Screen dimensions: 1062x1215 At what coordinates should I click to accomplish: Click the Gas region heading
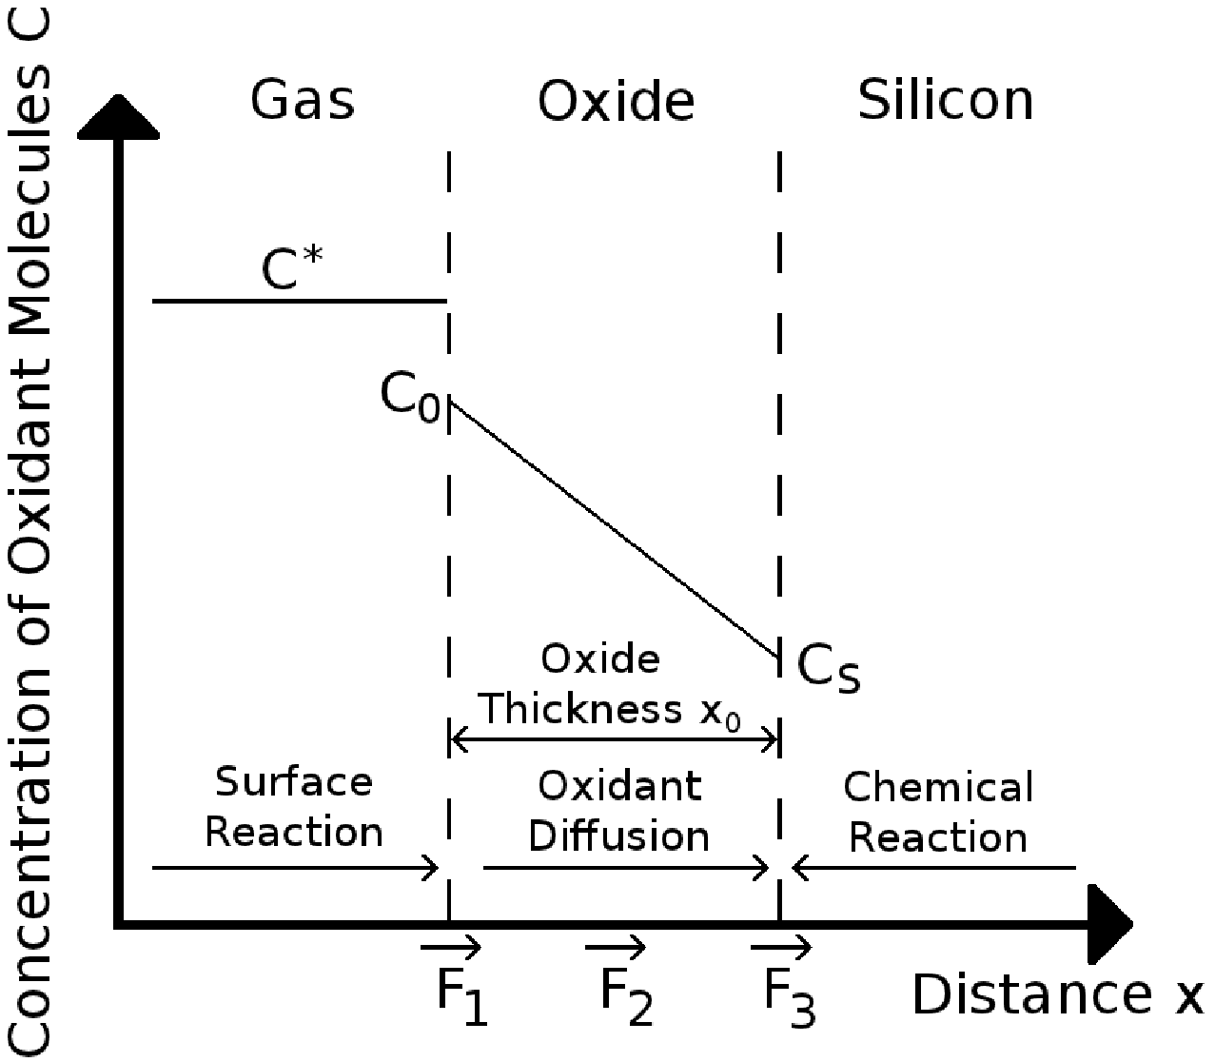tap(303, 100)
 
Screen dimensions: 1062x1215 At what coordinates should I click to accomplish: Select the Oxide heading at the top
tap(616, 102)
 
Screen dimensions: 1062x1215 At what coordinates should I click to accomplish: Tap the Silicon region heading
tap(945, 100)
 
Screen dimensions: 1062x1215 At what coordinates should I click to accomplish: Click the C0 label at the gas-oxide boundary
tap(410, 395)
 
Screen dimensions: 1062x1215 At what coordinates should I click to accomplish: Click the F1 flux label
tap(461, 996)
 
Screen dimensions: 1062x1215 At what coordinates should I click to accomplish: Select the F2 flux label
tap(626, 996)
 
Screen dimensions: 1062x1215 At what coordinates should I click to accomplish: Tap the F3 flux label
tap(790, 996)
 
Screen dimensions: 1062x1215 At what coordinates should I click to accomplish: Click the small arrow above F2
tap(616, 947)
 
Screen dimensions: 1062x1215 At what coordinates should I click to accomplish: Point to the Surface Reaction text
tap(294, 807)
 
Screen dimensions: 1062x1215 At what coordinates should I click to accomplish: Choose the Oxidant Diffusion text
tap(619, 812)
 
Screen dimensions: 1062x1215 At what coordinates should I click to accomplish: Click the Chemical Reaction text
tap(938, 813)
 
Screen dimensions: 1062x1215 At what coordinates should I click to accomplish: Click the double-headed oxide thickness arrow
tap(615, 738)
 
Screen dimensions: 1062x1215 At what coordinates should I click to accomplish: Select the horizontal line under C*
tap(299, 301)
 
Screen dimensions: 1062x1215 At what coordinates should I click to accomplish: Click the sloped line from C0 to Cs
tap(615, 530)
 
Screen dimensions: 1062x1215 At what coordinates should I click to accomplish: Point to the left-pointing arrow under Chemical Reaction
tap(933, 868)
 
